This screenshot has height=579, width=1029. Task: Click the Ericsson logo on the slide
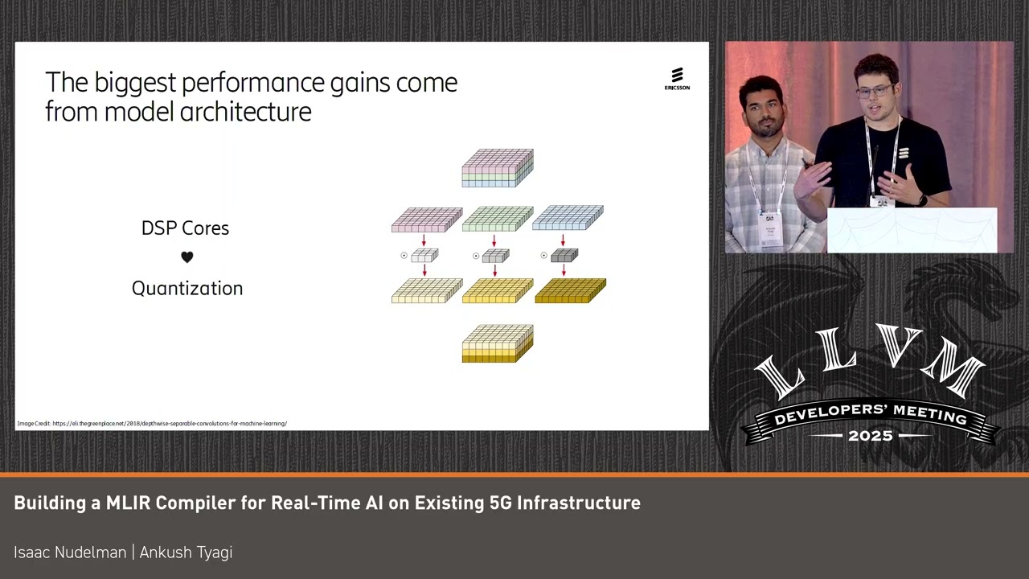pos(677,79)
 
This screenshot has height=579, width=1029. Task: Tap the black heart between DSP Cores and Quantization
pos(187,257)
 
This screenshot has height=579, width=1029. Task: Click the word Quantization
pos(187,289)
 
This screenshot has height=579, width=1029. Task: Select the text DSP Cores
pos(185,228)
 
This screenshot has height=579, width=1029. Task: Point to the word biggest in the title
pos(135,83)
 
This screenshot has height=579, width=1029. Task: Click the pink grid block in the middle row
pos(426,220)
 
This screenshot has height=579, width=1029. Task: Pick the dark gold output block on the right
pos(570,290)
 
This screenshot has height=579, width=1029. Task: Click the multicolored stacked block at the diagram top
pos(498,167)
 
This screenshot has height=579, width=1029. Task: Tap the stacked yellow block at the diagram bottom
pos(498,343)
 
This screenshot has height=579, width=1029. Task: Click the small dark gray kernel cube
pos(564,256)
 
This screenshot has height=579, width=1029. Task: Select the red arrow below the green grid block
pos(494,240)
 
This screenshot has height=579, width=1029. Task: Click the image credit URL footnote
pos(152,423)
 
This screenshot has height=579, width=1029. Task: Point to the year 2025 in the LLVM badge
pos(871,436)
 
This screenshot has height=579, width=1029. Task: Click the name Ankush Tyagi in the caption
pos(186,552)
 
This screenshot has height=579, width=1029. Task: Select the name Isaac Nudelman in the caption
pos(70,552)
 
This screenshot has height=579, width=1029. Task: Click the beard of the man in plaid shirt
pos(765,127)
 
